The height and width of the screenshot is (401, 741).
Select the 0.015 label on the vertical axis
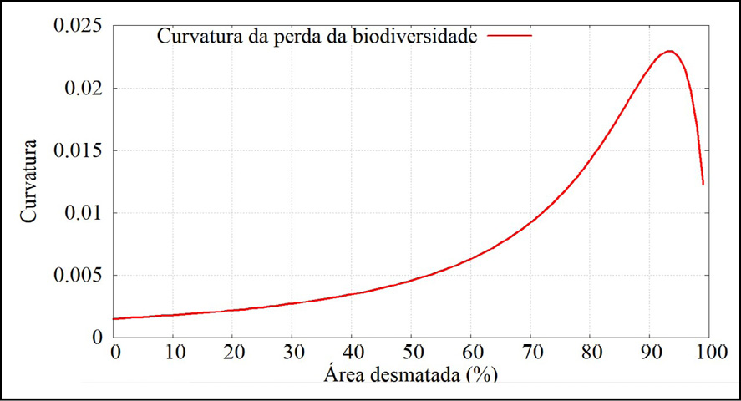click(79, 150)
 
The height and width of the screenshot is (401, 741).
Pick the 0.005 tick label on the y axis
click(79, 275)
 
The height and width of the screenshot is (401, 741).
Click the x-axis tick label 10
click(175, 354)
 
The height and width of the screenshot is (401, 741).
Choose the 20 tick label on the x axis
click(234, 354)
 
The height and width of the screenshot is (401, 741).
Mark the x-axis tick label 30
click(293, 354)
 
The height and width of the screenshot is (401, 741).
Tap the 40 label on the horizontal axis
click(353, 354)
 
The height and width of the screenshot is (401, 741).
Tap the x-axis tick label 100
click(708, 354)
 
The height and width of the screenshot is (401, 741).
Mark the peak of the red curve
click(670, 52)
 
